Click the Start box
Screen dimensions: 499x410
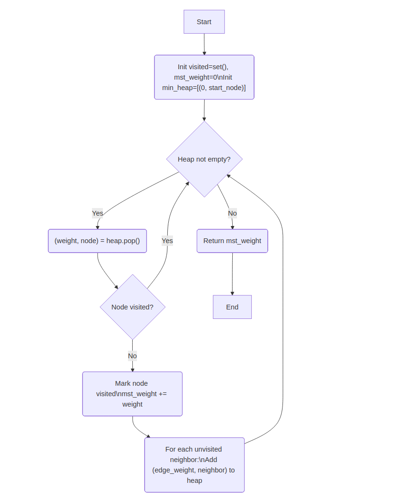(204, 22)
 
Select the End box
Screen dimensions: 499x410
(232, 307)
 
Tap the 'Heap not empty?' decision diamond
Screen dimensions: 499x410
(204, 159)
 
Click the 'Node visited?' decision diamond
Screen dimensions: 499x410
(132, 307)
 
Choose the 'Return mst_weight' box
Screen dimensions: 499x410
(232, 241)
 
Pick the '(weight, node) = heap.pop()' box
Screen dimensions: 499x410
(97, 241)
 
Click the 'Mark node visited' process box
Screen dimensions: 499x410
(132, 394)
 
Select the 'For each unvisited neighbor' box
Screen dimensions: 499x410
(194, 465)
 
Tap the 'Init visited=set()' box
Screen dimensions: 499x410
(204, 77)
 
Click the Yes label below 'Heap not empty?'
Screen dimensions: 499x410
(97, 213)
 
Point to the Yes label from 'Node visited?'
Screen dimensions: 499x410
(167, 241)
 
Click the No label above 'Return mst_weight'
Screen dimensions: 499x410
(232, 213)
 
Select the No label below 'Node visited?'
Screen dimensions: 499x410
(132, 356)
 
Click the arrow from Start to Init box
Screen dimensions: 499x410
(204, 44)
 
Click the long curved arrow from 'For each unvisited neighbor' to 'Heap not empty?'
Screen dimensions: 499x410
(282, 308)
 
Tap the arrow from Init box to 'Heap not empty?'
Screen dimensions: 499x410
(204, 110)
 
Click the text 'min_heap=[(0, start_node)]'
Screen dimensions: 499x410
(204, 88)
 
